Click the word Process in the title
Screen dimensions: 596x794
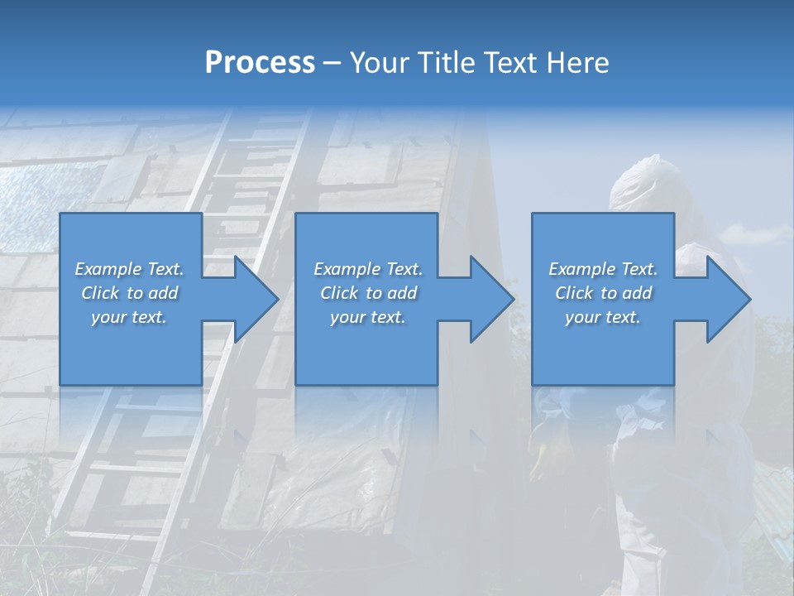(x=260, y=63)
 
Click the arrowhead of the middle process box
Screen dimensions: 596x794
(x=490, y=299)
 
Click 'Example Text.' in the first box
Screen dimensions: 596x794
(x=129, y=269)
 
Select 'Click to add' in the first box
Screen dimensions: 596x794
(x=129, y=293)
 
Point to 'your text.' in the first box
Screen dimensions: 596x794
(x=129, y=317)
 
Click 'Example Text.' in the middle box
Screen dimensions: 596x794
(x=368, y=269)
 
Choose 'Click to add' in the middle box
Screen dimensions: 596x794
(x=368, y=293)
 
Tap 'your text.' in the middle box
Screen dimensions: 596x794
(x=368, y=317)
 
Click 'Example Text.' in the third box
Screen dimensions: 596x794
(x=603, y=269)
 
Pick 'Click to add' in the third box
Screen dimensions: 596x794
(x=603, y=293)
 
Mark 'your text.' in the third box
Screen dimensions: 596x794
(x=603, y=317)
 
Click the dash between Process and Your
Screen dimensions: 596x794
(x=332, y=63)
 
